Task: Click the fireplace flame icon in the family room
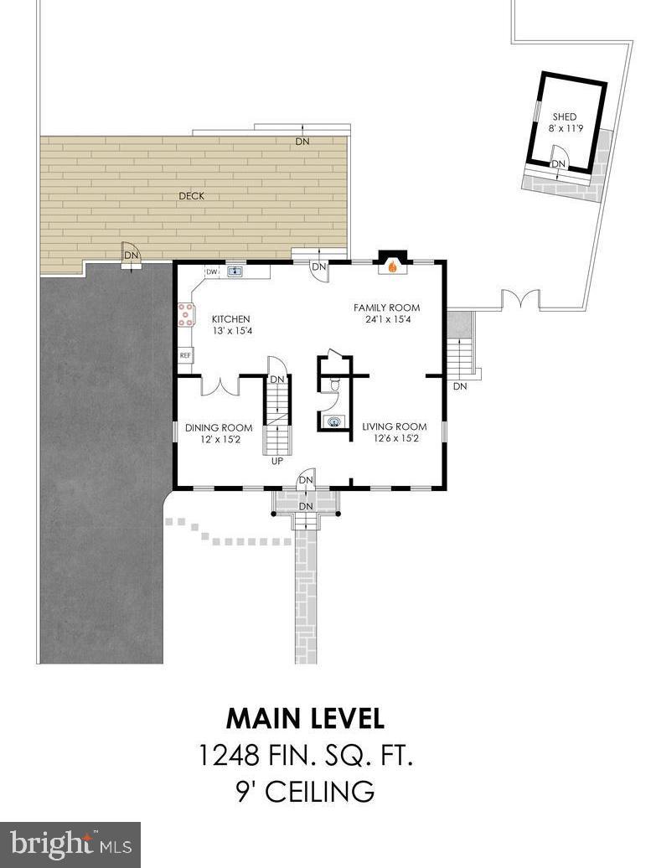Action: point(390,268)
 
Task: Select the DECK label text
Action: point(191,196)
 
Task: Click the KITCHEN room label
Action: point(230,319)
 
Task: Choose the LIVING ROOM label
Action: point(394,426)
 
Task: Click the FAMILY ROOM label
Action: point(386,307)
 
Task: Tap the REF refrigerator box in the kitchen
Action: point(185,355)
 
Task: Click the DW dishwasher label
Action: point(212,271)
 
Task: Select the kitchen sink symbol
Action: point(235,271)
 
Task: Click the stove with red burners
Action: point(184,313)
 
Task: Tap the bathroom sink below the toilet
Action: point(334,421)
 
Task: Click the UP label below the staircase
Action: point(276,461)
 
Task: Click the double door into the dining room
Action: point(220,385)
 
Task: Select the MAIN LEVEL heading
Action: point(305,719)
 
